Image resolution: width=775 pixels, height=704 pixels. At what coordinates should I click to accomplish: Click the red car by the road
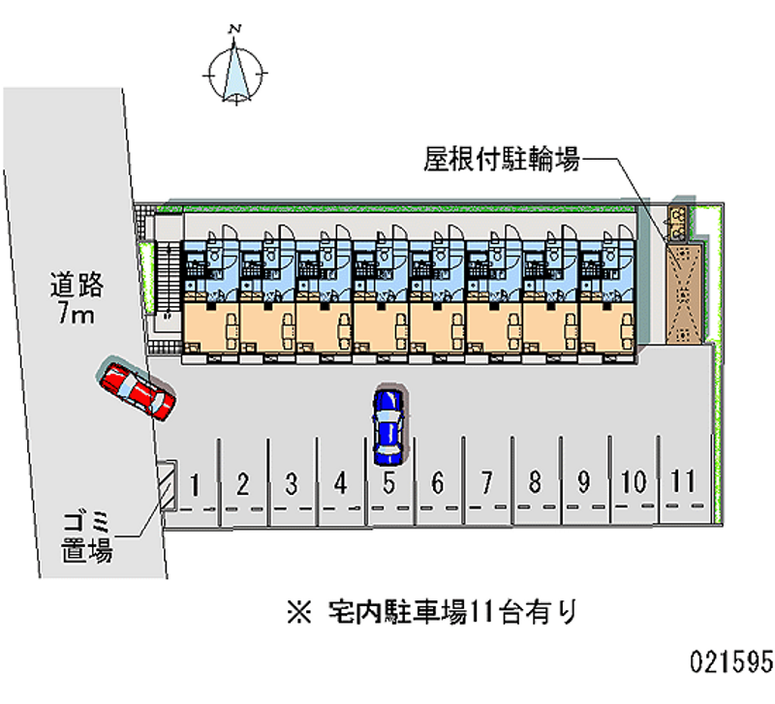click(x=136, y=389)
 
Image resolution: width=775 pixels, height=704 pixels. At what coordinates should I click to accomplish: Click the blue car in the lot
click(x=387, y=423)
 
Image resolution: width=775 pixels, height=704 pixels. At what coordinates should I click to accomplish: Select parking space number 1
click(x=195, y=482)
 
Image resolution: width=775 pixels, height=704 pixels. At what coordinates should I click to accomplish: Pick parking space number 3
click(x=291, y=482)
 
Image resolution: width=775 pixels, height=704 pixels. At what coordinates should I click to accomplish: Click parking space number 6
click(x=438, y=482)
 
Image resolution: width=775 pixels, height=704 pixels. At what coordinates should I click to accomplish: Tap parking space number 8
click(x=535, y=482)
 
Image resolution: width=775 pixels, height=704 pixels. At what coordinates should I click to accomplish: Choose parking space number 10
click(x=634, y=482)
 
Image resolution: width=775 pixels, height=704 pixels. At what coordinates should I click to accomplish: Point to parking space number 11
click(x=683, y=481)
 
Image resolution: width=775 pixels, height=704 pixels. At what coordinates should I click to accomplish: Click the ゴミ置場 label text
click(x=88, y=538)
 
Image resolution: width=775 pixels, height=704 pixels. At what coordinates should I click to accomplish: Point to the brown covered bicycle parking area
click(x=687, y=291)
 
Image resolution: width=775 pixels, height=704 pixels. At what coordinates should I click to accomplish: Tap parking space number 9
click(x=584, y=482)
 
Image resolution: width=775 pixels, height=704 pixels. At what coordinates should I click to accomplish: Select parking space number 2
click(x=243, y=482)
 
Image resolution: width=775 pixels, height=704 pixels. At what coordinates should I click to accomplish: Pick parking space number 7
click(x=486, y=482)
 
